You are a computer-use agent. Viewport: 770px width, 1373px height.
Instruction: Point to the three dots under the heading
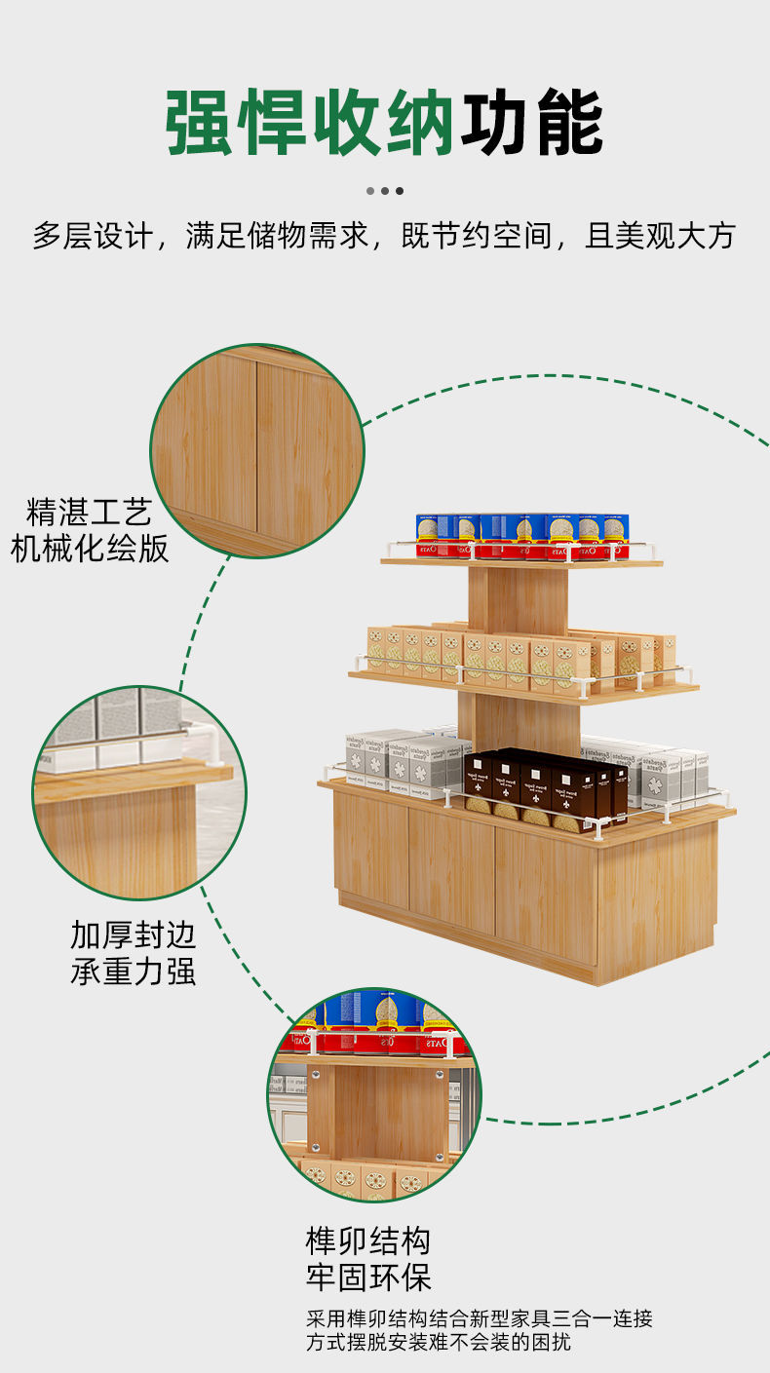click(385, 191)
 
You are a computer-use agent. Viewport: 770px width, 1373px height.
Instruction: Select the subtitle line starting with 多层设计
click(384, 236)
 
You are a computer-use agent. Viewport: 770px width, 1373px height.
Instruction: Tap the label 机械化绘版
click(90, 549)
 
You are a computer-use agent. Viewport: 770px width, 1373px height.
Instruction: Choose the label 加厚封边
click(133, 935)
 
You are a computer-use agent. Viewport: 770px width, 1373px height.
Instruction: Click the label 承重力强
click(133, 972)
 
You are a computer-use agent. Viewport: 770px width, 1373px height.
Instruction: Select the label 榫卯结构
click(368, 1241)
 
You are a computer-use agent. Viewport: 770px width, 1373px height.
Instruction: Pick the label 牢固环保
click(368, 1278)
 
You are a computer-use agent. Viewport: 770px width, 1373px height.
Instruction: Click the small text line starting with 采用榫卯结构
click(480, 1319)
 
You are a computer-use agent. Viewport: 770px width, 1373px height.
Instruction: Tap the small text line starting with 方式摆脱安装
click(439, 1343)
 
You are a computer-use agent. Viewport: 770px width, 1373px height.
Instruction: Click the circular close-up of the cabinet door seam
click(257, 450)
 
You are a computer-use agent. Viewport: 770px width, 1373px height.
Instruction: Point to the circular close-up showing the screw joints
click(374, 1094)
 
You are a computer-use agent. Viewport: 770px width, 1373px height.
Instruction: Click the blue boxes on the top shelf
click(522, 535)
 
